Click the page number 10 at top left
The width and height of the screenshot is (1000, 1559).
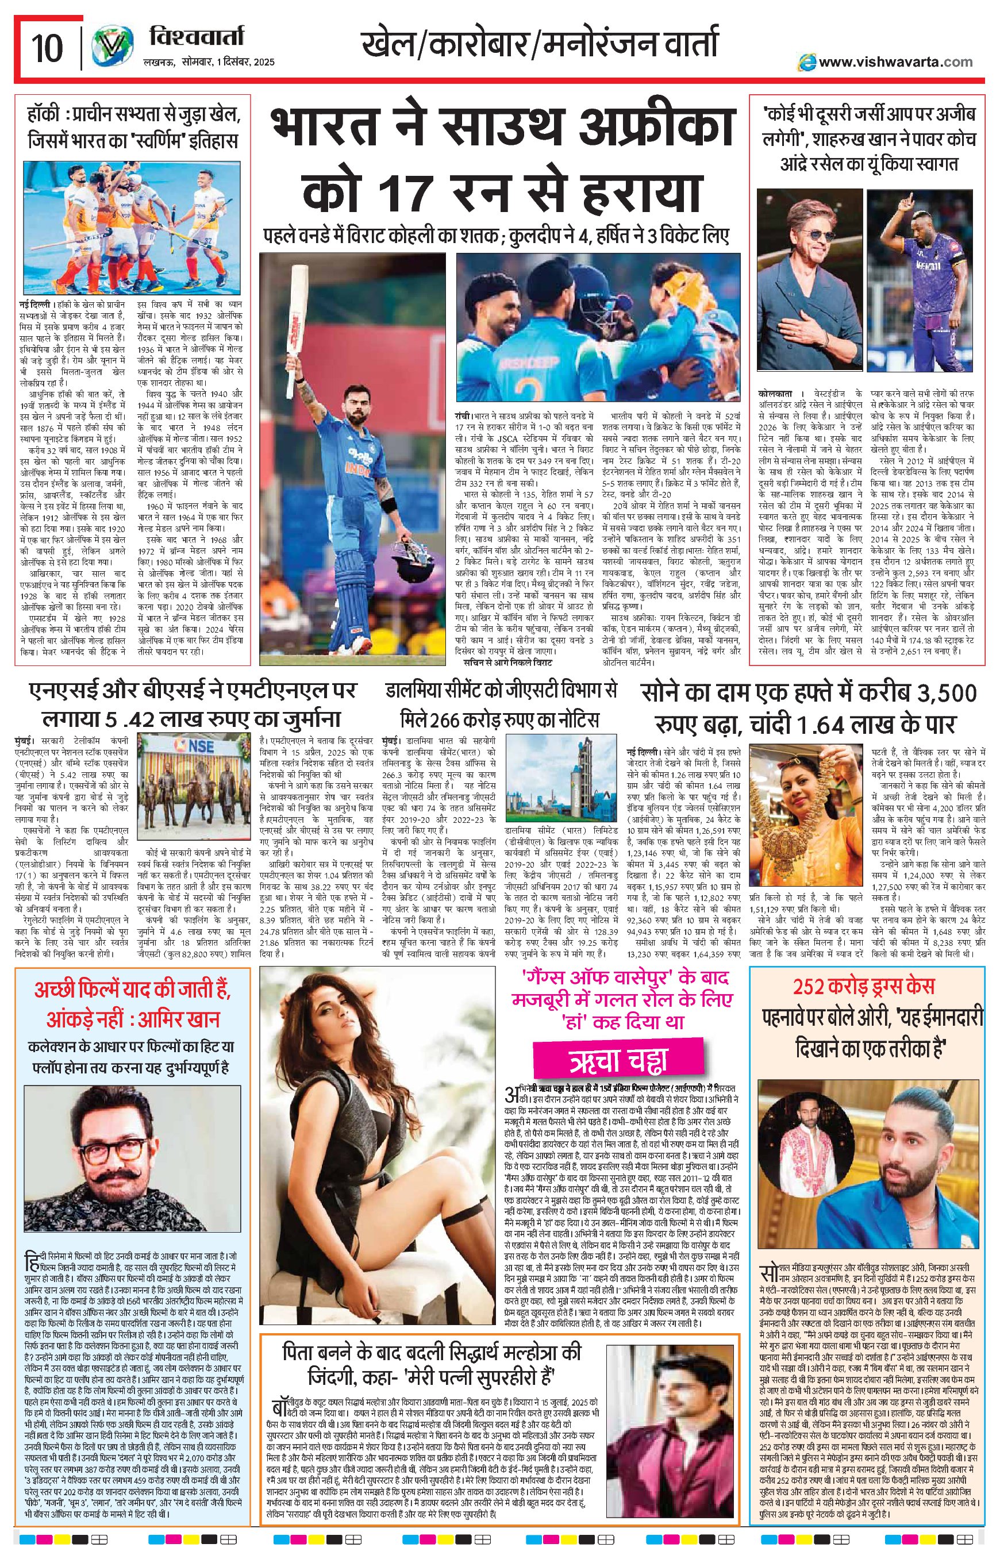47,47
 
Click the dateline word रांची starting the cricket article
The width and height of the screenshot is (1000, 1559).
464,414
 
